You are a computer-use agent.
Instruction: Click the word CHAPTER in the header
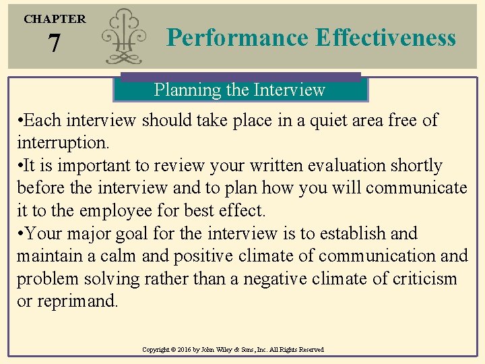coord(55,19)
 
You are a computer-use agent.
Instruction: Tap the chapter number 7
coord(55,44)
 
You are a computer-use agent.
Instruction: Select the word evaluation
coord(349,166)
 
